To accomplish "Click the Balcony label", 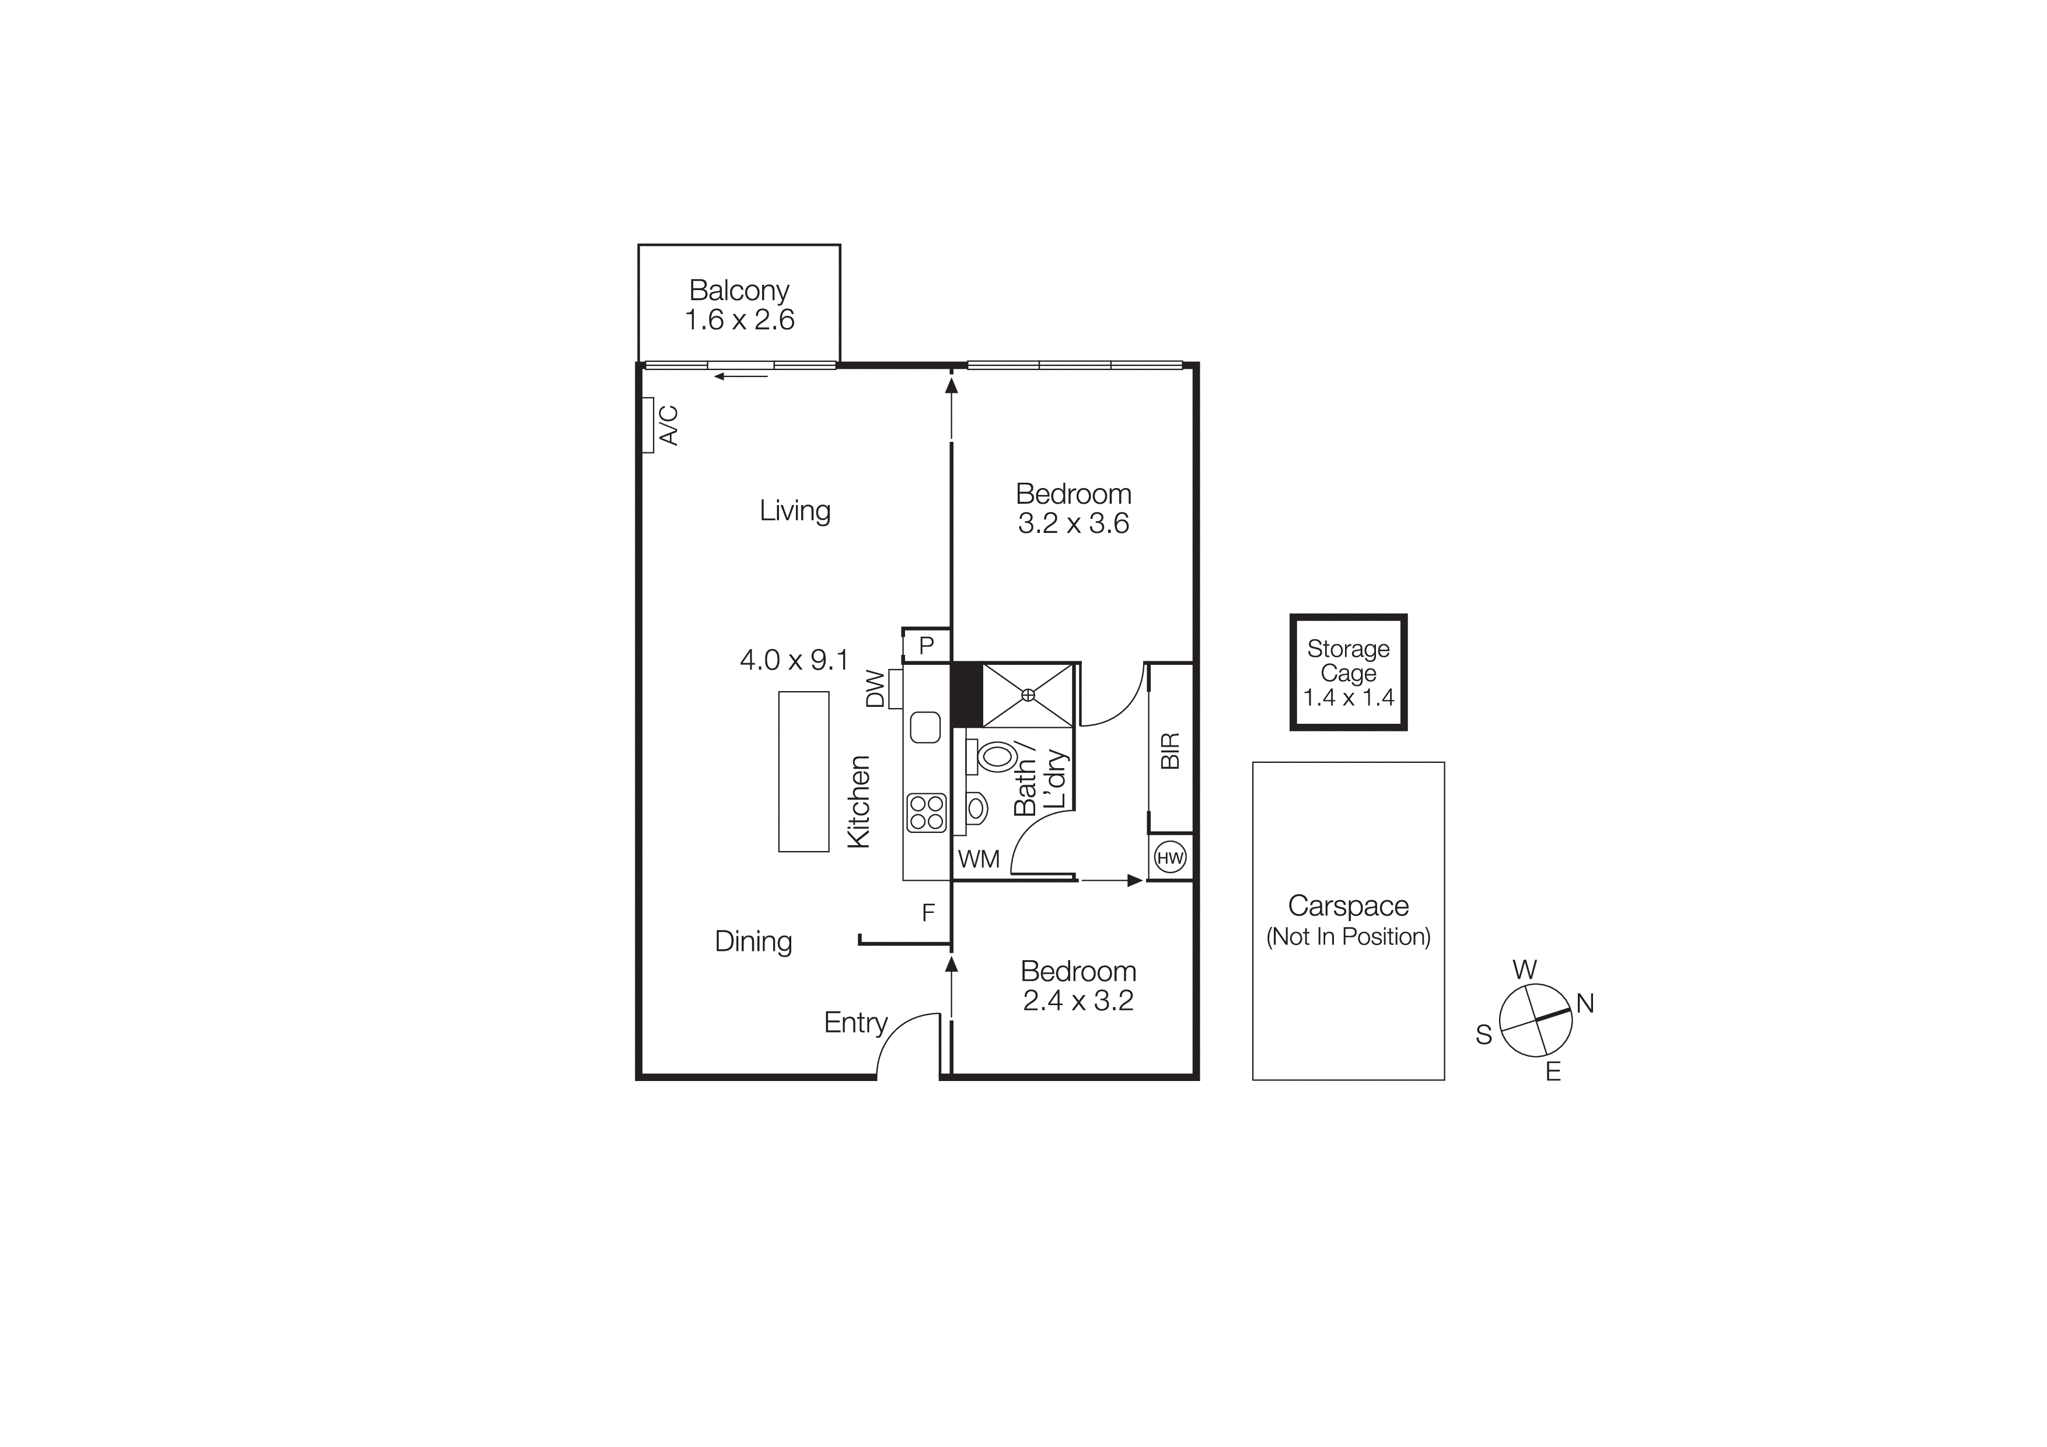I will tap(739, 291).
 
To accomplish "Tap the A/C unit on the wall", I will tap(648, 426).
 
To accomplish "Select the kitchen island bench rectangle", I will tap(804, 771).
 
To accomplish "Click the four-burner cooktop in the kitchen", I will tap(926, 812).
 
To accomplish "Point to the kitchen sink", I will tap(925, 727).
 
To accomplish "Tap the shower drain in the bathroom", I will tap(1028, 695).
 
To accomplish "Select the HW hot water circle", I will tap(1170, 857).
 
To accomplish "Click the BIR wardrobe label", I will tap(1170, 751).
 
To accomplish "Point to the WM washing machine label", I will tap(979, 859).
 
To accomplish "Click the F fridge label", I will tap(928, 913).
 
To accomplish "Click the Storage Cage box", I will tap(1348, 672).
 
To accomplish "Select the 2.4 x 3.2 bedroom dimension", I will tap(1078, 1000).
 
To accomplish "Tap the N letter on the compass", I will tap(1584, 1004).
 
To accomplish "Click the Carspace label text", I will tap(1348, 906).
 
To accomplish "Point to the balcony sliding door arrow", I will tap(740, 376).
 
